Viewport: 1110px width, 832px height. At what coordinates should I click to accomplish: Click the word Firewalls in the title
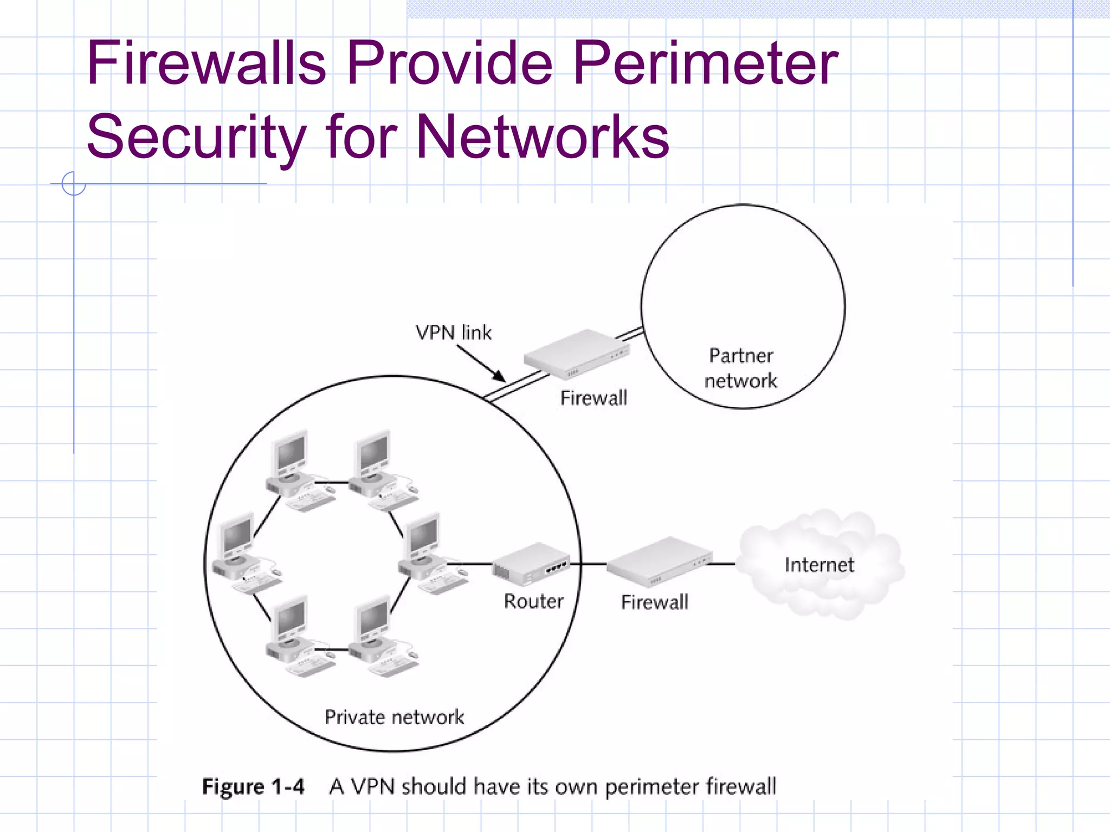(206, 63)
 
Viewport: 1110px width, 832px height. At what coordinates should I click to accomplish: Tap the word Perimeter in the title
(705, 63)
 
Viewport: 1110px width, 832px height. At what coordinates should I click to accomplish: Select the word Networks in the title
(542, 136)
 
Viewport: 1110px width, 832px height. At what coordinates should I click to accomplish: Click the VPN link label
(453, 333)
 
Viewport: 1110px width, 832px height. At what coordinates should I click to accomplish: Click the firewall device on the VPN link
(576, 355)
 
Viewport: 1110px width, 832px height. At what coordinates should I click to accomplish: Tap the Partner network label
(741, 368)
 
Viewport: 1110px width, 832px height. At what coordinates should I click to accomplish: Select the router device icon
(530, 564)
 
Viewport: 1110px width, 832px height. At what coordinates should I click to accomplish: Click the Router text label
(533, 602)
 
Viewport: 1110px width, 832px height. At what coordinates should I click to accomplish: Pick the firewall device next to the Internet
(659, 562)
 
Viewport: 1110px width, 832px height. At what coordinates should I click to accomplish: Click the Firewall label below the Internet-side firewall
(654, 602)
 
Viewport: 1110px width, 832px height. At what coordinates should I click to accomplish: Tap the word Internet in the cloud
(819, 565)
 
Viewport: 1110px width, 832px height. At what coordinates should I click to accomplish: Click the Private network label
(394, 717)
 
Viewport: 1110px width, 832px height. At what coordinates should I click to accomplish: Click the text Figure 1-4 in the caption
(253, 786)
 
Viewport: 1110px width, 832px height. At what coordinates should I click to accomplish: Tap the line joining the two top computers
(332, 482)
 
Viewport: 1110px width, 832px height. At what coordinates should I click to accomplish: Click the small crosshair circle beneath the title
(74, 184)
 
